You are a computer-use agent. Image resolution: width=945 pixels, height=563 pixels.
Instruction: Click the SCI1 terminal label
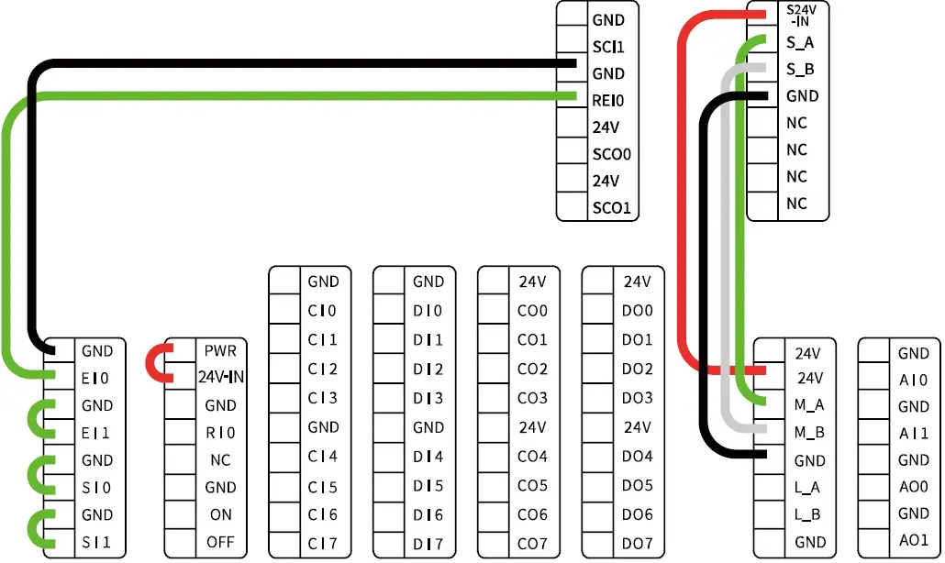pyautogui.click(x=608, y=47)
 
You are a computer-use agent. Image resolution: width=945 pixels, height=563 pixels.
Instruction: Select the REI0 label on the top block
pyautogui.click(x=608, y=101)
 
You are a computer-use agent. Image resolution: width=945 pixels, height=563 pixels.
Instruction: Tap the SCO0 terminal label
pyautogui.click(x=612, y=154)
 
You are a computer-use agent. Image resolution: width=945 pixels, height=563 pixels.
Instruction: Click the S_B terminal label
pyautogui.click(x=800, y=69)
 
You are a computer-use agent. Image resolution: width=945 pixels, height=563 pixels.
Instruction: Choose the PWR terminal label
pyautogui.click(x=220, y=350)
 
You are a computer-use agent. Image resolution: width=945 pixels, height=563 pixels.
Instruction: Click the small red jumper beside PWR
pyautogui.click(x=156, y=363)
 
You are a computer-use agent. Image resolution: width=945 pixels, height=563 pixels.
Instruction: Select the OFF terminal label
pyautogui.click(x=220, y=542)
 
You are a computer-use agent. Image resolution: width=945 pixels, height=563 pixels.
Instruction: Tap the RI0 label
pyautogui.click(x=220, y=433)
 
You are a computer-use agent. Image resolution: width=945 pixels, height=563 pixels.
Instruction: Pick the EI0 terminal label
pyautogui.click(x=96, y=378)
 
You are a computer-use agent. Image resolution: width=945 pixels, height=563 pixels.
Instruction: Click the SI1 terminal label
pyautogui.click(x=96, y=542)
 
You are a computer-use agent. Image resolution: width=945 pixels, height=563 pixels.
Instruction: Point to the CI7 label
pyautogui.click(x=323, y=544)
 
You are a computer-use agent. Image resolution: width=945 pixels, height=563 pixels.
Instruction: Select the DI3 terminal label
pyautogui.click(x=428, y=398)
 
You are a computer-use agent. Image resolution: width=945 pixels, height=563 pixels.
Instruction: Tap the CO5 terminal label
pyautogui.click(x=532, y=485)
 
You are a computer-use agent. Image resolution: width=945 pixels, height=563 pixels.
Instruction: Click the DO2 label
pyautogui.click(x=637, y=369)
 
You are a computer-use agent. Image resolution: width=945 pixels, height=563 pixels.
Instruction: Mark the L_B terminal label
pyautogui.click(x=807, y=514)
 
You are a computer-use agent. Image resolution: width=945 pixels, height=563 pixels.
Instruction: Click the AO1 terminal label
pyautogui.click(x=913, y=539)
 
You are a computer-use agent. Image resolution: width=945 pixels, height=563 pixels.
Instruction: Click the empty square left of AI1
pyautogui.click(x=873, y=434)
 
